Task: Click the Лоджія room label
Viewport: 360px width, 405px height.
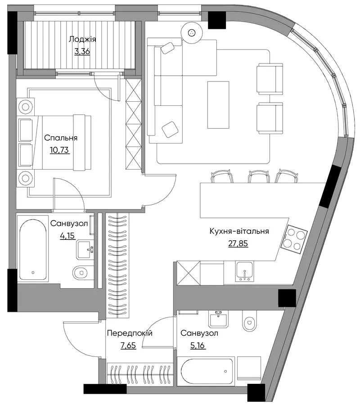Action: pos(82,40)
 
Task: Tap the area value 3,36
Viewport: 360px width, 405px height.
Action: pos(82,51)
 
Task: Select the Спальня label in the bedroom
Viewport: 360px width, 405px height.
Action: pos(61,138)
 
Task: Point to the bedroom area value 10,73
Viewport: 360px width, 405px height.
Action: pos(60,150)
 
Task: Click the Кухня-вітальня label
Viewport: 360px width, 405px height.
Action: pos(239,231)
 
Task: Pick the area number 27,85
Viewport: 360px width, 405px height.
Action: pos(238,243)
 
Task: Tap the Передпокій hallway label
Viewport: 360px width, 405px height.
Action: pos(130,333)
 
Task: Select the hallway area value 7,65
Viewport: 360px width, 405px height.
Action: pos(128,345)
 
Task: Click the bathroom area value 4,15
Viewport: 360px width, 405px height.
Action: pos(67,235)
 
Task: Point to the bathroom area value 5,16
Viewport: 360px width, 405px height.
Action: pos(198,345)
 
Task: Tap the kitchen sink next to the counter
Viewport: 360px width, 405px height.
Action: pos(244,271)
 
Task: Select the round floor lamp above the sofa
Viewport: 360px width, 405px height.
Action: pos(191,32)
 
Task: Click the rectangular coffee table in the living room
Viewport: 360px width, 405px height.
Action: pos(218,105)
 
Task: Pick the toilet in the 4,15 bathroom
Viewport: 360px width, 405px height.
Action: pos(80,273)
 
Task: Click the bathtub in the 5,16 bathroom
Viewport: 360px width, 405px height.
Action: pos(207,371)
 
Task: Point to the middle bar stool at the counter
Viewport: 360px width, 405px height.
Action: pos(259,176)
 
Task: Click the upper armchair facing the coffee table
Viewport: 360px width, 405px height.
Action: pos(270,79)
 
